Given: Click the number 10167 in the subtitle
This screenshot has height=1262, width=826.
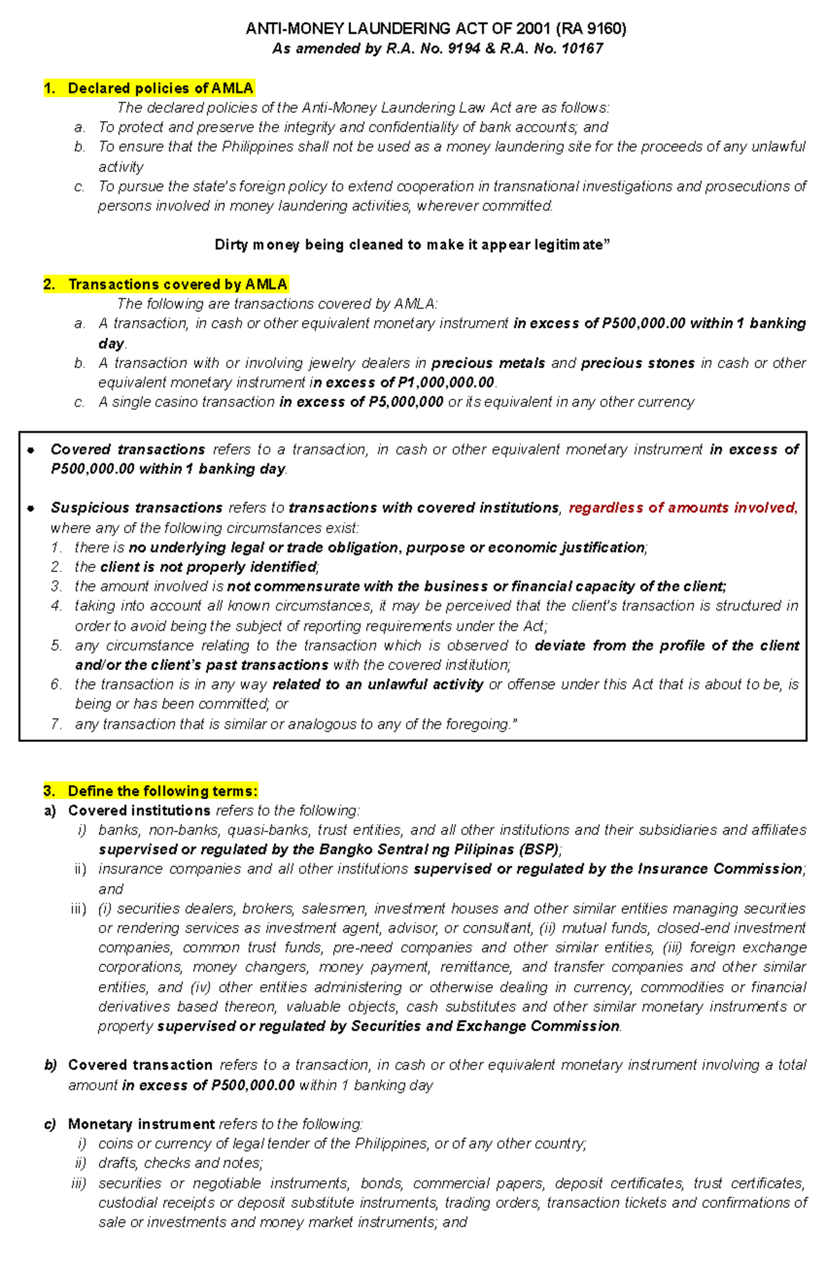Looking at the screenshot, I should [x=582, y=49].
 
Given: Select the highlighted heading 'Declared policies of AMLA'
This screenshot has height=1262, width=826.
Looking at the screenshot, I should [x=160, y=88].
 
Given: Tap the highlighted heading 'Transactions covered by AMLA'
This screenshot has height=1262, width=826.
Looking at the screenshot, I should [x=177, y=284].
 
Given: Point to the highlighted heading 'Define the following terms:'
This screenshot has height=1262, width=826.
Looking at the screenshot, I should [x=162, y=791].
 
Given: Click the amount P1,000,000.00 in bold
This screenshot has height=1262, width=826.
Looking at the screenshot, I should [x=446, y=382].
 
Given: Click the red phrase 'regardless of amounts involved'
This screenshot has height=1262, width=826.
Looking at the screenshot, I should [x=681, y=508].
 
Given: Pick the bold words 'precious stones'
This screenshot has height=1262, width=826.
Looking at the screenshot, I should [x=637, y=363].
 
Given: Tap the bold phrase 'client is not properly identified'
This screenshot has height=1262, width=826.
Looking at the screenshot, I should [x=208, y=567].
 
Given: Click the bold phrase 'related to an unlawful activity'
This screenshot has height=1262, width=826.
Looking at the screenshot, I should [x=378, y=684].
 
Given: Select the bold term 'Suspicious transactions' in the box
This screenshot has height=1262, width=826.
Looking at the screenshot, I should [x=136, y=508].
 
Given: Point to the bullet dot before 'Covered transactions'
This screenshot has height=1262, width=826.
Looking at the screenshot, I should [x=30, y=450].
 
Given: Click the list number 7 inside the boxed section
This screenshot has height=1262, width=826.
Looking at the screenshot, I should [x=56, y=724].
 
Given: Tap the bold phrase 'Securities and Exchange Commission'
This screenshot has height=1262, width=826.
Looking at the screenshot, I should [x=485, y=1026].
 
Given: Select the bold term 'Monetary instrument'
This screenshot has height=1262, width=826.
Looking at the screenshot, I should [x=141, y=1124].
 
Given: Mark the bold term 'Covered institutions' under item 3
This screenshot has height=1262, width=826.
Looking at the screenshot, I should [x=139, y=810].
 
